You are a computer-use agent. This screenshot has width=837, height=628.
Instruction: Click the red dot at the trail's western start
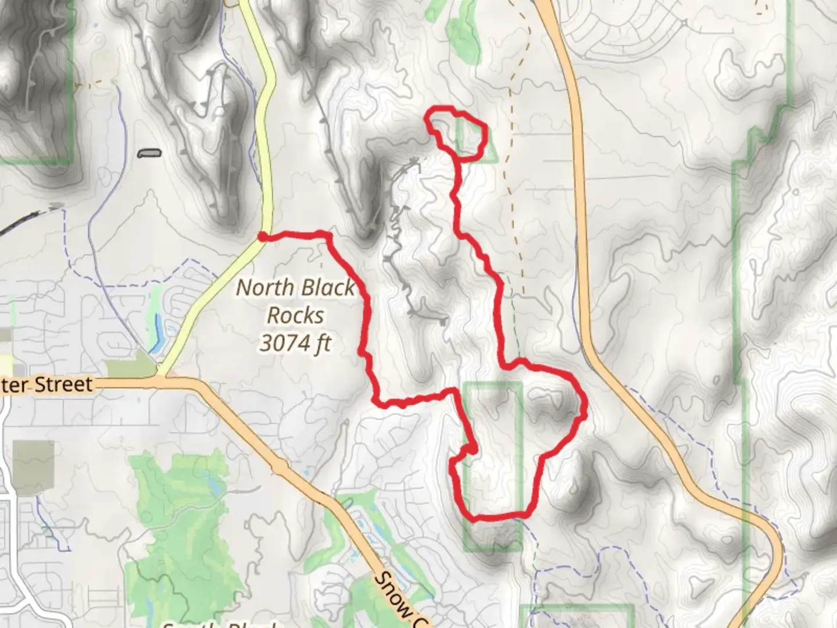(x=263, y=236)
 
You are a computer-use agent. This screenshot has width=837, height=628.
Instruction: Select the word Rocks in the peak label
(x=295, y=315)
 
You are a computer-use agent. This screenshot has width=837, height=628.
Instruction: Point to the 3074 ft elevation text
(x=295, y=343)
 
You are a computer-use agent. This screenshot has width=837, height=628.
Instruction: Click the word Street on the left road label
(x=63, y=384)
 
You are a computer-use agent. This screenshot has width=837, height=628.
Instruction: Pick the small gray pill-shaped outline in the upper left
(x=149, y=154)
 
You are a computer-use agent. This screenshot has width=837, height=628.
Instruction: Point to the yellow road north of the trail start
(x=267, y=145)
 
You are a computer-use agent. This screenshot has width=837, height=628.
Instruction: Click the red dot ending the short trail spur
(x=474, y=449)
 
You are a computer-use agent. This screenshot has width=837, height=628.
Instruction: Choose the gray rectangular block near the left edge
(x=33, y=468)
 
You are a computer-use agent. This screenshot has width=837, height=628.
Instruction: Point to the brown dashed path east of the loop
(x=512, y=145)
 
